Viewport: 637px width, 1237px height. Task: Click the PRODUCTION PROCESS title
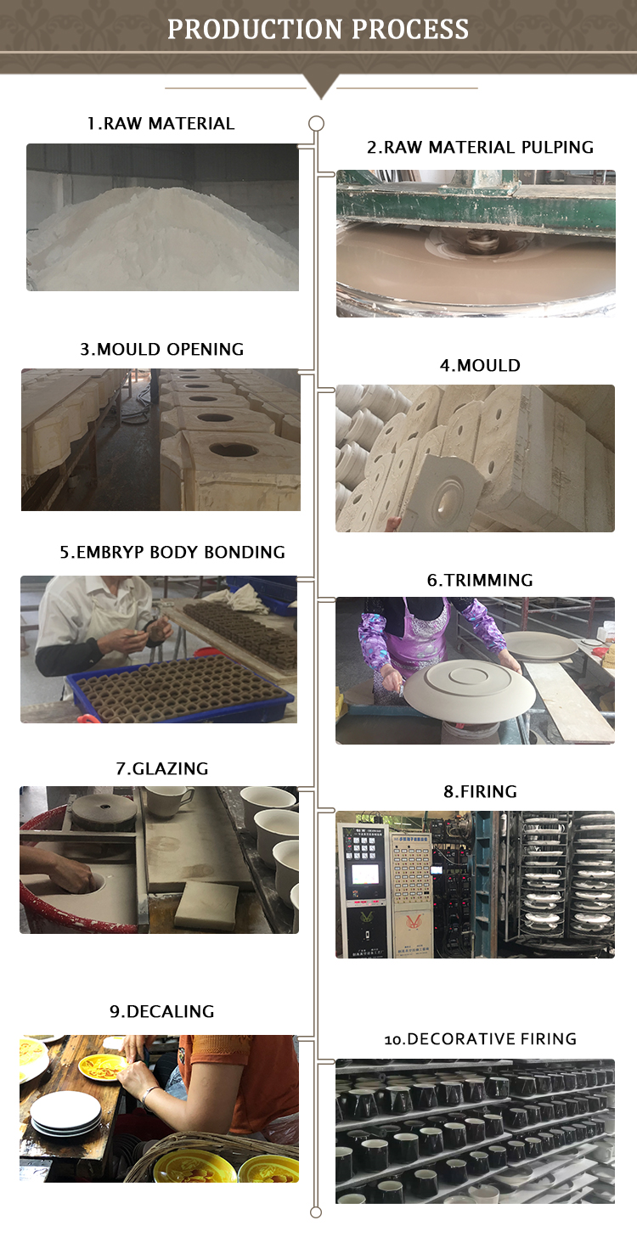[x=318, y=29]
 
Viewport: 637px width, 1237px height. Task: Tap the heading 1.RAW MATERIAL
[x=161, y=123]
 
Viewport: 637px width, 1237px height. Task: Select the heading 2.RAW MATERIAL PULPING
[x=480, y=147]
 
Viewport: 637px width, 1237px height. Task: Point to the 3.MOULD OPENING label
[x=162, y=349]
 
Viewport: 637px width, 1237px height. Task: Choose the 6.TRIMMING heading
[x=480, y=580]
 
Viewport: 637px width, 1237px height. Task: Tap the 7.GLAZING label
[x=162, y=768]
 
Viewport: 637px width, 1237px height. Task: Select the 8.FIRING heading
[x=480, y=791]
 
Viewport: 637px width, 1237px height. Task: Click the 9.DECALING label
[x=162, y=1011]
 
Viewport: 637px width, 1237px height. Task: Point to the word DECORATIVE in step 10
[x=453, y=1038]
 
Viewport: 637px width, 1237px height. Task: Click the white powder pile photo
[x=162, y=217]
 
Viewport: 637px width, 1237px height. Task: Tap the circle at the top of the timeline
[x=316, y=123]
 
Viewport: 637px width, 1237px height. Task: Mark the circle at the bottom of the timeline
[x=316, y=1212]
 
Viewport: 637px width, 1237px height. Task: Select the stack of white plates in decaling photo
[x=65, y=1114]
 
